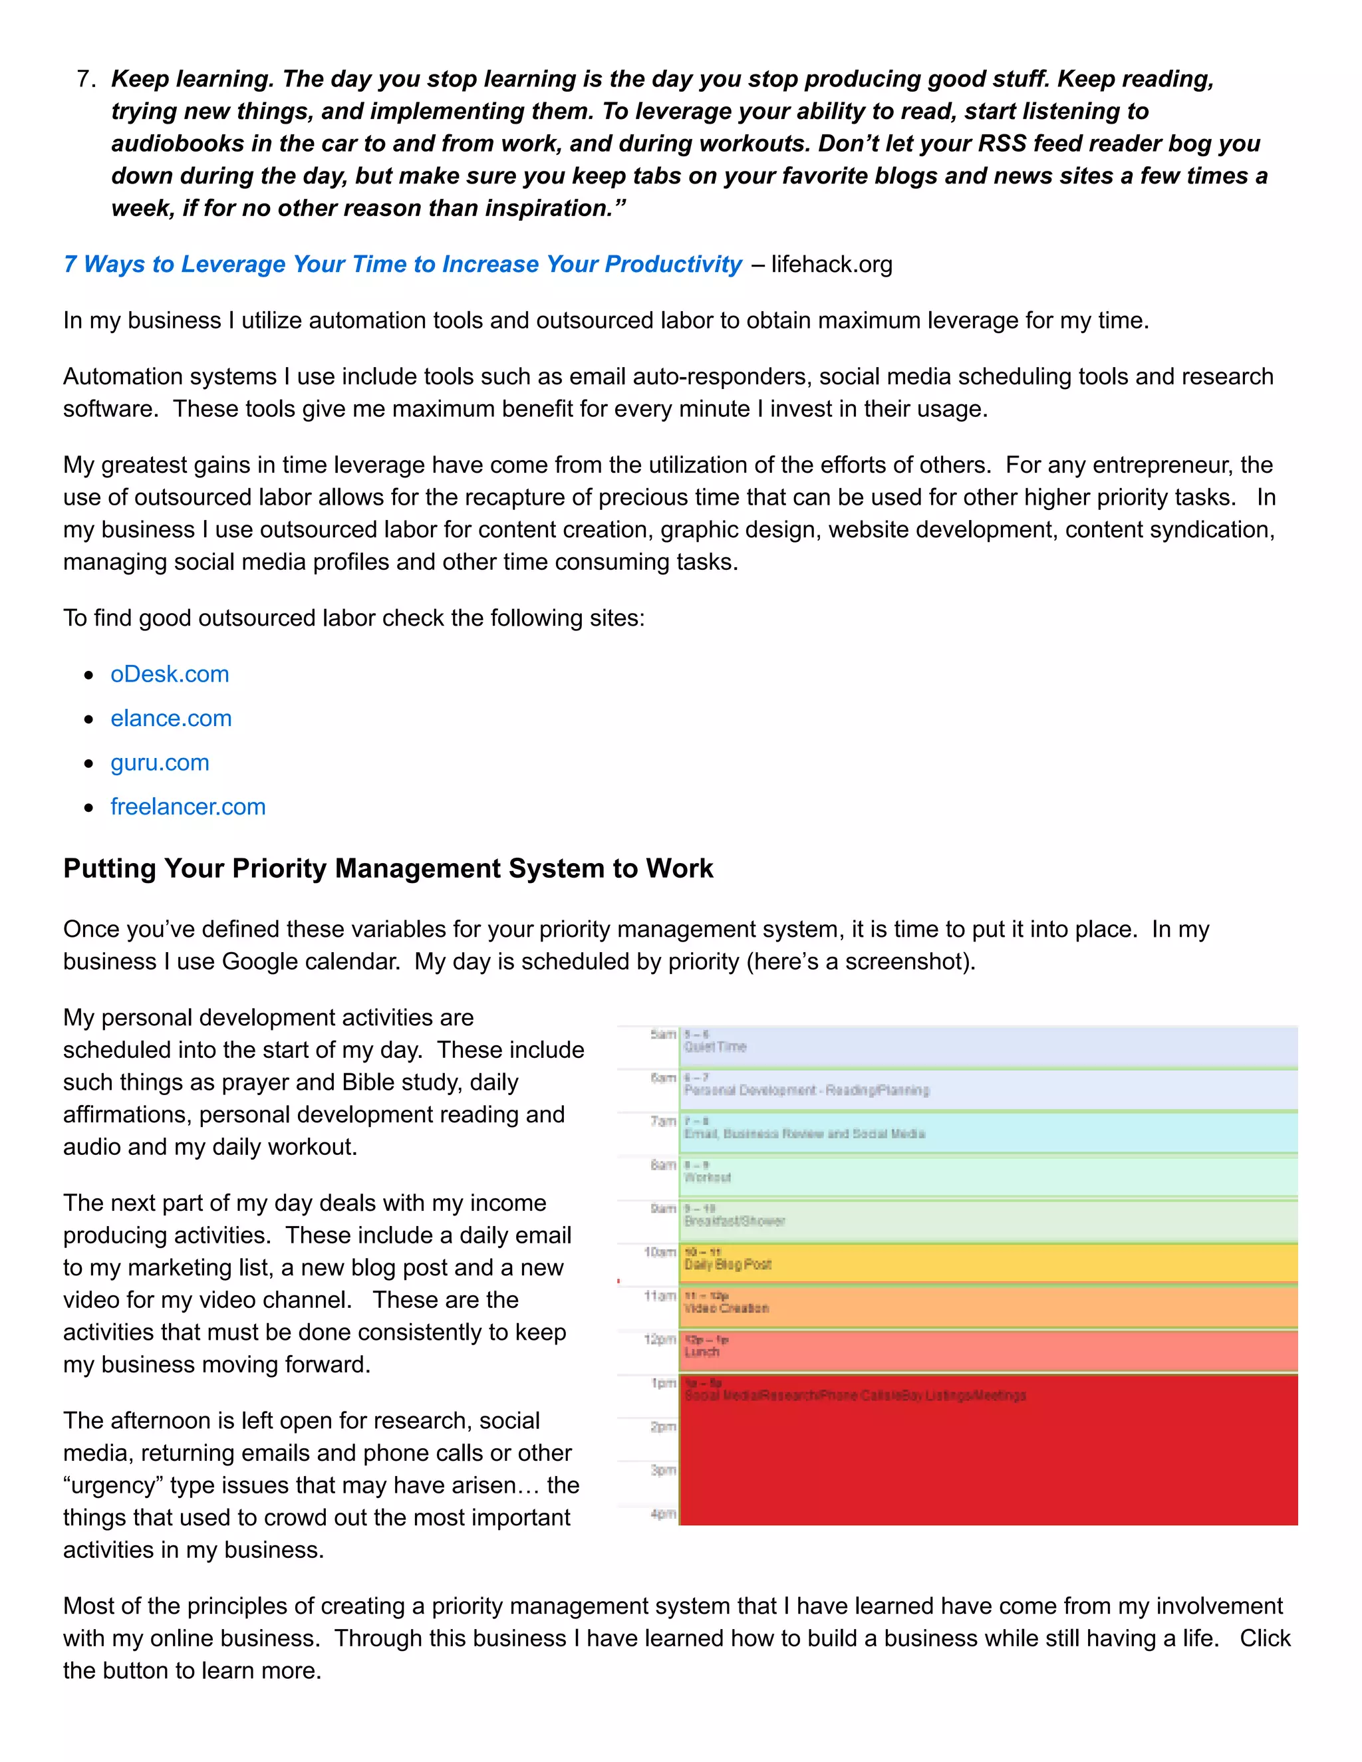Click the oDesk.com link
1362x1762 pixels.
[170, 674]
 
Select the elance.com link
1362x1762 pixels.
[171, 719]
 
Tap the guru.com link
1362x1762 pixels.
[160, 763]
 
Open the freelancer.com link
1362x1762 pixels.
[188, 807]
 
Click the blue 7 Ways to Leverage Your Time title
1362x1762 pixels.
[402, 265]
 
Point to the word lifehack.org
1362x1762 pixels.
[831, 265]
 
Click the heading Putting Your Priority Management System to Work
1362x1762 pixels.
[388, 869]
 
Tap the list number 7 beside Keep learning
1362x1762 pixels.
[84, 79]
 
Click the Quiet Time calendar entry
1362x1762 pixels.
[988, 1047]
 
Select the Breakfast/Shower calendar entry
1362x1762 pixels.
[988, 1221]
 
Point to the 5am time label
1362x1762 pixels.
[662, 1035]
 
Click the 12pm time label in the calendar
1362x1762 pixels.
[659, 1339]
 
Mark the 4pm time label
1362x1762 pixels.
[662, 1514]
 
